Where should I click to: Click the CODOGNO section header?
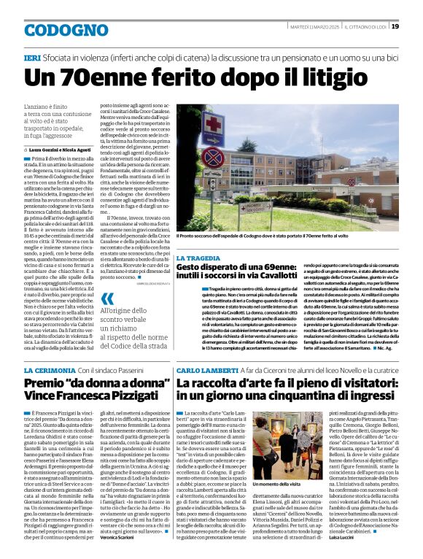[55, 30]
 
